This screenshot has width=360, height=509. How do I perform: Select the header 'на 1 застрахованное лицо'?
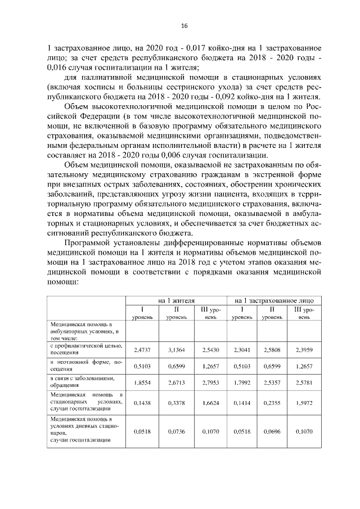click(274, 301)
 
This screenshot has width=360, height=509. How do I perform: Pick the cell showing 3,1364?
click(177, 349)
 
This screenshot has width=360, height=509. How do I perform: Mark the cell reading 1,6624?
click(210, 403)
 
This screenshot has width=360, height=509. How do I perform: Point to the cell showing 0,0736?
click(177, 431)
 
